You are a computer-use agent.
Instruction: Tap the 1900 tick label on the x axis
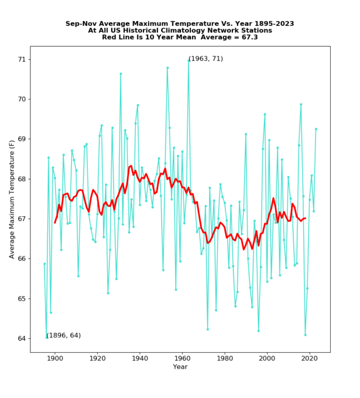(x=55, y=359)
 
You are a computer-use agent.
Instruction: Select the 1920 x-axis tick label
(x=97, y=359)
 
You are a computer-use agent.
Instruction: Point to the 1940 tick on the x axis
(x=140, y=359)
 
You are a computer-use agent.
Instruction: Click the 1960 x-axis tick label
(x=182, y=359)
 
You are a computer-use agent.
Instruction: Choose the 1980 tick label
(x=225, y=359)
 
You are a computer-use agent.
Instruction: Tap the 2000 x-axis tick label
(x=267, y=359)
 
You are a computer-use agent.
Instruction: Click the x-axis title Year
(x=180, y=367)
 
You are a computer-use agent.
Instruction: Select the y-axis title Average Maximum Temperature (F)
(x=12, y=198)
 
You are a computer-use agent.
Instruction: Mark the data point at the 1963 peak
(x=188, y=60)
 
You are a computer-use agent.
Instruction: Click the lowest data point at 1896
(x=46, y=338)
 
